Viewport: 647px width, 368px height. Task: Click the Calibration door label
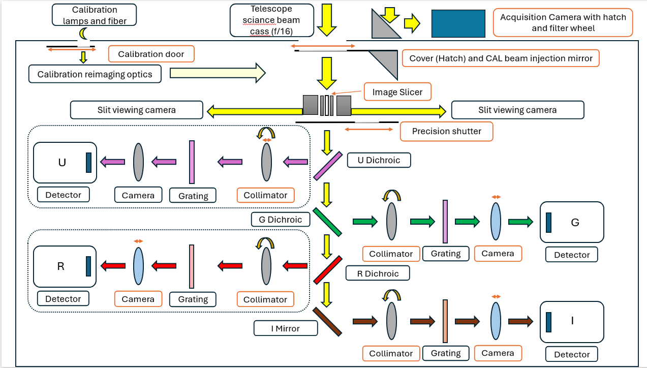pyautogui.click(x=151, y=54)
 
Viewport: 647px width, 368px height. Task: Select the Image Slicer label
pyautogui.click(x=397, y=92)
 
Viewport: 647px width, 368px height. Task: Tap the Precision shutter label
pyautogui.click(x=447, y=132)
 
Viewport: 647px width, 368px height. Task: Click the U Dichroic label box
pyautogui.click(x=379, y=160)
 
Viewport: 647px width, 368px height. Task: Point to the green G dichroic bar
pyautogui.click(x=327, y=222)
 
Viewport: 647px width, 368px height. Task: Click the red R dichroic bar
pyautogui.click(x=328, y=270)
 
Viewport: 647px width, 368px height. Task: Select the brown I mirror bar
pyautogui.click(x=327, y=322)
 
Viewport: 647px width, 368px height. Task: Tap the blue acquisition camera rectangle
pyautogui.click(x=458, y=23)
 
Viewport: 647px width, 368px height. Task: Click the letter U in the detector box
pyautogui.click(x=62, y=163)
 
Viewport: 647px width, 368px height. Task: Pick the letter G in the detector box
pyautogui.click(x=575, y=223)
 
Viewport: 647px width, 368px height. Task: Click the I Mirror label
pyautogui.click(x=286, y=328)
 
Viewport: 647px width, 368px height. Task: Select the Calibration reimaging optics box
pyautogui.click(x=95, y=74)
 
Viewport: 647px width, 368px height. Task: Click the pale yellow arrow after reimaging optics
pyautogui.click(x=218, y=73)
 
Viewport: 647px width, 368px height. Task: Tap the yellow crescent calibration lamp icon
pyautogui.click(x=83, y=34)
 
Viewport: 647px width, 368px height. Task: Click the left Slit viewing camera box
pyautogui.click(x=137, y=110)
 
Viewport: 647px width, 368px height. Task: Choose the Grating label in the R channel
pyautogui.click(x=193, y=299)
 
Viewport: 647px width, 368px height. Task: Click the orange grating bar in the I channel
pyautogui.click(x=445, y=321)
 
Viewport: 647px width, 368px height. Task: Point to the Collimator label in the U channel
pyautogui.click(x=265, y=195)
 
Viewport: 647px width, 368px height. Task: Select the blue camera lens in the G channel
pyautogui.click(x=496, y=222)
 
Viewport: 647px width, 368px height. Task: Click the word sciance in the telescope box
pyautogui.click(x=255, y=20)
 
